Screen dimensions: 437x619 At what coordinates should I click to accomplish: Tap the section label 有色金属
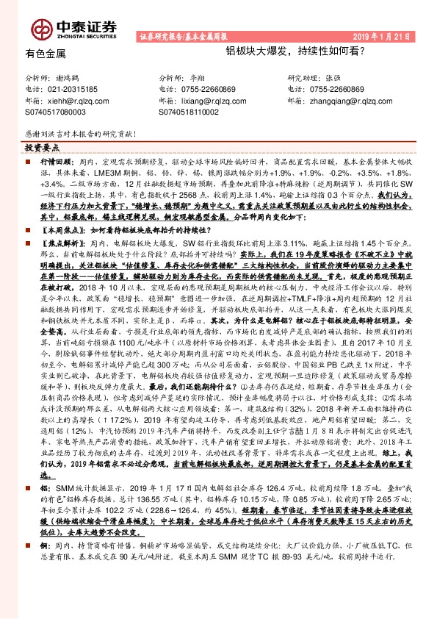pos(46,54)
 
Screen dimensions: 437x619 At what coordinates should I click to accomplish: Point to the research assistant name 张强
pos(333,77)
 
